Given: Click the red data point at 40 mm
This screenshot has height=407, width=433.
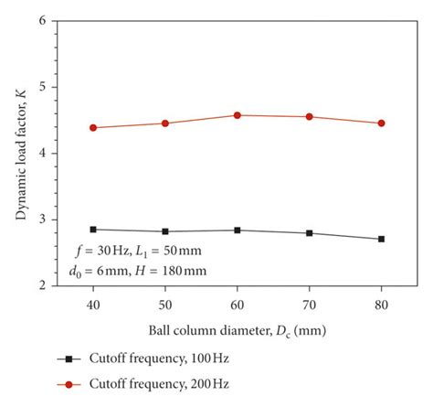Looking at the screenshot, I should coord(93,128).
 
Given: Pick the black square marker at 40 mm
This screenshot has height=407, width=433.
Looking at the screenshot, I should coord(93,230).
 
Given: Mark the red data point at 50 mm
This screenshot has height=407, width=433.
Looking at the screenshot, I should coord(165,123).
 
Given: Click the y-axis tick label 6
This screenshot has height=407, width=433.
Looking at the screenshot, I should coord(43,21).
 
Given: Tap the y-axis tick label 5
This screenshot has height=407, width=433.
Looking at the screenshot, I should coord(43,88).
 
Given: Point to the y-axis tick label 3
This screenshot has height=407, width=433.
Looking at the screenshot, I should coord(43,220).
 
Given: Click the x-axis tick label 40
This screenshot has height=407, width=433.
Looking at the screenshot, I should coord(93,299).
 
